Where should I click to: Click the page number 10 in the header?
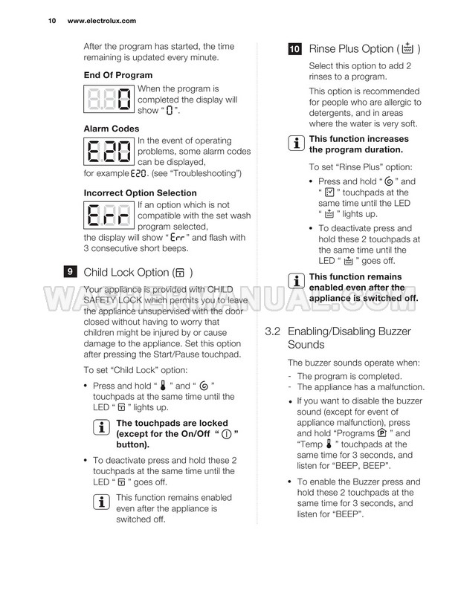click(x=51, y=21)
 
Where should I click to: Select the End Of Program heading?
click(x=117, y=75)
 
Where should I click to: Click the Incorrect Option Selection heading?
click(x=140, y=193)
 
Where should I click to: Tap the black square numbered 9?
click(x=69, y=272)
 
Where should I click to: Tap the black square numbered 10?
click(x=294, y=49)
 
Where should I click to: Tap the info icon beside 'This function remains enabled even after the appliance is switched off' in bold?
click(x=296, y=282)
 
